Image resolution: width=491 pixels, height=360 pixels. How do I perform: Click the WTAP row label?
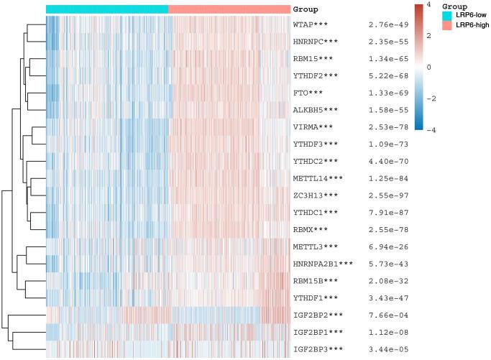(310, 25)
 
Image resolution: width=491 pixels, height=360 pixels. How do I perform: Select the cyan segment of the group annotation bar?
(107, 9)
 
